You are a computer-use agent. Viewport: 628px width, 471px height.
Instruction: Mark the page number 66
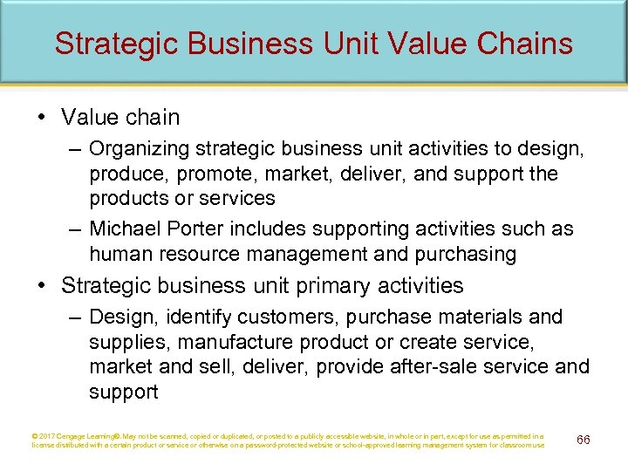click(x=584, y=440)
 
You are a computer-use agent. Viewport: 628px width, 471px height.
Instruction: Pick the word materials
click(x=490, y=317)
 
